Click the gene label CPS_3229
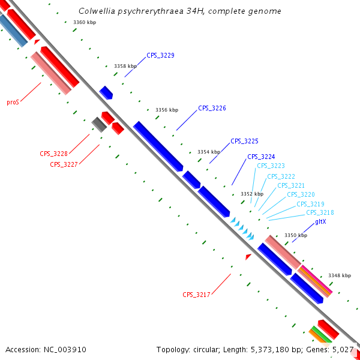160,55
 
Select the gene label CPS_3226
212,109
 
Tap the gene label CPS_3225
244,141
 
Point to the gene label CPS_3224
261,157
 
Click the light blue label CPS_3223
271,166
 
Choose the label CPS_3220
301,194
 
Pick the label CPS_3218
320,212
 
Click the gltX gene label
320,222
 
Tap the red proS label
13,103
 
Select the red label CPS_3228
53,154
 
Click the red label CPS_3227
64,164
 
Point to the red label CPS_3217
196,295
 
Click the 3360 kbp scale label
84,22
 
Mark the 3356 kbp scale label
166,110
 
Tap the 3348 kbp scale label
339,275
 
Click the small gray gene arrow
99,124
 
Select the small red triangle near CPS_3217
248,256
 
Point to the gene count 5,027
344,349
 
